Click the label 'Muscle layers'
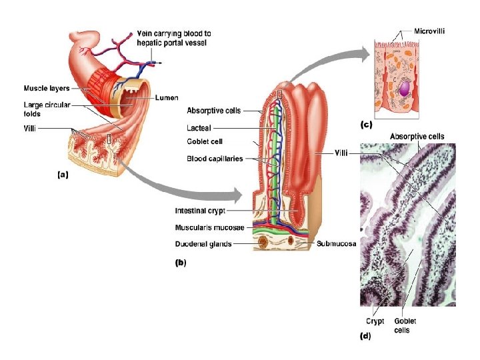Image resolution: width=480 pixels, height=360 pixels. point(47,88)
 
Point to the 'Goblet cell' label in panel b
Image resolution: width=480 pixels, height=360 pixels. point(205,141)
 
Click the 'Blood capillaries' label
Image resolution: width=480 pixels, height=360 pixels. point(215,159)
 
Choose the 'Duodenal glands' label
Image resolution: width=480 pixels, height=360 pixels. point(203,244)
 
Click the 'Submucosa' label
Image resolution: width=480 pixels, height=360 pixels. point(337,243)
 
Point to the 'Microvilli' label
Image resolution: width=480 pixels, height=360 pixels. point(429,31)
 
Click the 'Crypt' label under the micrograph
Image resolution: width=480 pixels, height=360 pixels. point(375,321)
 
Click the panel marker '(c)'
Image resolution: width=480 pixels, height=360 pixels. point(366,125)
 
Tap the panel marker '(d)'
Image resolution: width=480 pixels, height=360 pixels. point(366,337)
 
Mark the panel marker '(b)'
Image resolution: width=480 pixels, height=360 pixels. point(181,263)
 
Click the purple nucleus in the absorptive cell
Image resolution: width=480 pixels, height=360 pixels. point(403,87)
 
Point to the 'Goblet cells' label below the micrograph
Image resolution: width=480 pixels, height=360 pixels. point(402,325)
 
